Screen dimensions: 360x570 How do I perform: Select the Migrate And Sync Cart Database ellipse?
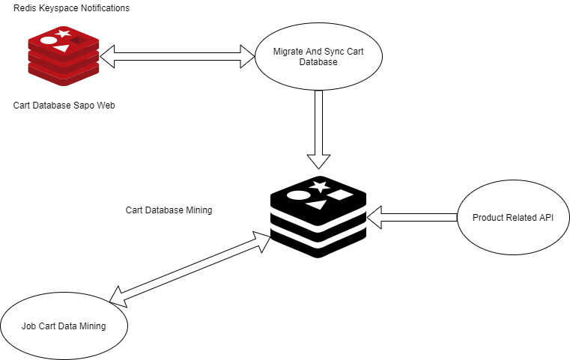[319, 57]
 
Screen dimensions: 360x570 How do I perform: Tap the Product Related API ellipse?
[513, 218]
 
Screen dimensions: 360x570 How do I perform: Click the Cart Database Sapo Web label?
[64, 105]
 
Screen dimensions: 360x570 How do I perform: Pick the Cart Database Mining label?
[169, 210]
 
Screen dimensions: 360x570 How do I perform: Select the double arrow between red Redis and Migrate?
[178, 54]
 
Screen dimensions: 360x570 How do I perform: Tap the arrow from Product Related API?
[412, 217]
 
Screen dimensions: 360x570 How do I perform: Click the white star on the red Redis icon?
[64, 34]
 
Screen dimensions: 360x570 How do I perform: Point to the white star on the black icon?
[320, 186]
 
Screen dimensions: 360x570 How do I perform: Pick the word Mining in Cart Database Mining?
[198, 210]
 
